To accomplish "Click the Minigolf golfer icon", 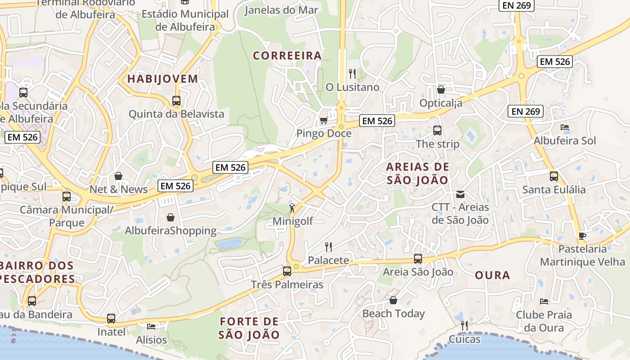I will click(x=292, y=208).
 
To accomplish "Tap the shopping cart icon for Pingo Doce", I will click(x=323, y=121).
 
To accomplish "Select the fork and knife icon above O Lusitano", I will click(x=352, y=73).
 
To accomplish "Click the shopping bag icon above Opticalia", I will click(x=441, y=90).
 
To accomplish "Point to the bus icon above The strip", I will click(x=437, y=130).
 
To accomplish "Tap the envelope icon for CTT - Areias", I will click(x=460, y=194).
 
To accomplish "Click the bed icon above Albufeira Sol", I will click(x=564, y=127).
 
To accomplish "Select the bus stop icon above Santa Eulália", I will click(x=554, y=176).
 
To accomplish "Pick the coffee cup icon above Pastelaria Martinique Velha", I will click(x=582, y=236).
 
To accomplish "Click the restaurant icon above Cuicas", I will click(x=464, y=325).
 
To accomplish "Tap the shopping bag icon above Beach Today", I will click(x=393, y=300).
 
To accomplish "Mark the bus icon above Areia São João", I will click(x=418, y=259).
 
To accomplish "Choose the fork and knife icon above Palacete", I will click(x=328, y=247).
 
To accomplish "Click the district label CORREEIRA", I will click(x=287, y=56).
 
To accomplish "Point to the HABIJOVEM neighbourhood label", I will click(x=162, y=79).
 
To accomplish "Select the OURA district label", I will click(x=492, y=275).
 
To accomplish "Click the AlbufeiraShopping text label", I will click(x=171, y=231).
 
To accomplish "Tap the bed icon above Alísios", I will click(x=151, y=326).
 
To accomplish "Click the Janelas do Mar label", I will click(x=281, y=10).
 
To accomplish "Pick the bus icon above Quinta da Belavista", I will click(x=176, y=101).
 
